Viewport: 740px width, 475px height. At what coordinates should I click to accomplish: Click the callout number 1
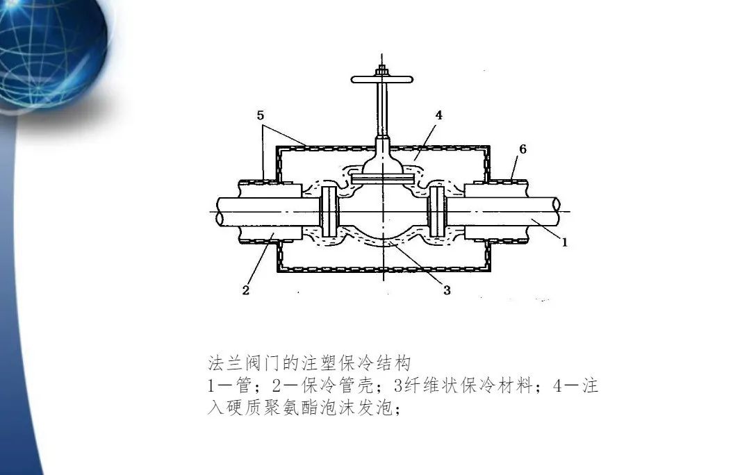[565, 243]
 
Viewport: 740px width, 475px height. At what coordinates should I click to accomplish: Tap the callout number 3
[447, 290]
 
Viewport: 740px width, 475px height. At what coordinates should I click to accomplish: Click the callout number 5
[260, 116]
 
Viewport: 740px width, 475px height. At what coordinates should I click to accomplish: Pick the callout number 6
[523, 149]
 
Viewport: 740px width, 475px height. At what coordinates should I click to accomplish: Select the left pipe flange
[329, 211]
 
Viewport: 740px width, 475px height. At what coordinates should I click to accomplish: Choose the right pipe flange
[436, 211]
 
